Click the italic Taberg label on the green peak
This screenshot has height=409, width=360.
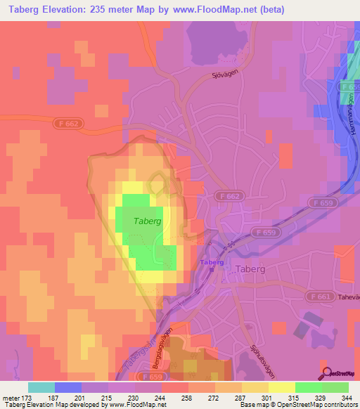pyautogui.click(x=147, y=221)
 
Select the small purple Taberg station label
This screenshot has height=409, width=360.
pyautogui.click(x=212, y=262)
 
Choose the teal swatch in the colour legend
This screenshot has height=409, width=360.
pyautogui.click(x=41, y=388)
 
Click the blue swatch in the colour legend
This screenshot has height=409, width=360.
pyautogui.click(x=67, y=388)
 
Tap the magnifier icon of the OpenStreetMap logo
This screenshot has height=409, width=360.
pyautogui.click(x=326, y=372)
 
